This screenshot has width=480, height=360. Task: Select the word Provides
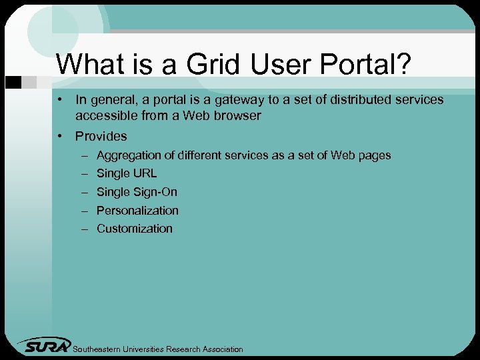click(x=101, y=136)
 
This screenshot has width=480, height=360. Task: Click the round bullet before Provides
click(x=61, y=136)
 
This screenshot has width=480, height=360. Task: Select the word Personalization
click(x=137, y=211)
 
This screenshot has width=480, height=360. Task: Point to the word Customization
click(x=134, y=229)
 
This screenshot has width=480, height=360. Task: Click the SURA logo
click(x=45, y=345)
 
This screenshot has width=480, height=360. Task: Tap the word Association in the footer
click(x=223, y=349)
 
